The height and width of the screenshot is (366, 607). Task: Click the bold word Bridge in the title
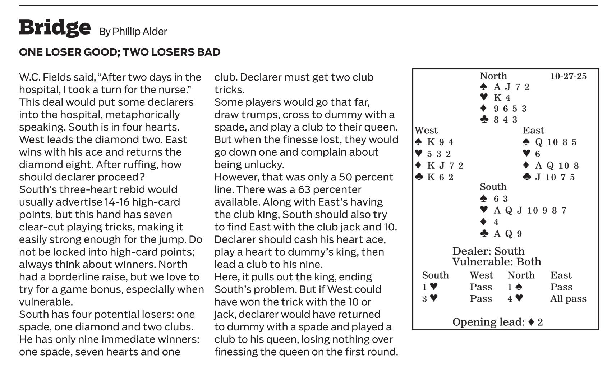55,27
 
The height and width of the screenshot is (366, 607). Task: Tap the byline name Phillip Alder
140,32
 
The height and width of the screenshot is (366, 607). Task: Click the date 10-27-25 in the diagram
568,76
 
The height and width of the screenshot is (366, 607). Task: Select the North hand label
493,76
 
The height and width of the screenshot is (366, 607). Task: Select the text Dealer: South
488,251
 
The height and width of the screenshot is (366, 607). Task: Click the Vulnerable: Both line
496,262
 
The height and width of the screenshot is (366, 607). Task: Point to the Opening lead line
497,322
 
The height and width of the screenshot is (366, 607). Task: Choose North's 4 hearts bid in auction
515,299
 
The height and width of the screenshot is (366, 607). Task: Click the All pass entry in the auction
568,299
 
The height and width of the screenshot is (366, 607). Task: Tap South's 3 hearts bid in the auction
430,299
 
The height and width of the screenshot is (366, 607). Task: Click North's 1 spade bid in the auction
515,287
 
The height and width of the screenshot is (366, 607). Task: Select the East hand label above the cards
533,131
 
